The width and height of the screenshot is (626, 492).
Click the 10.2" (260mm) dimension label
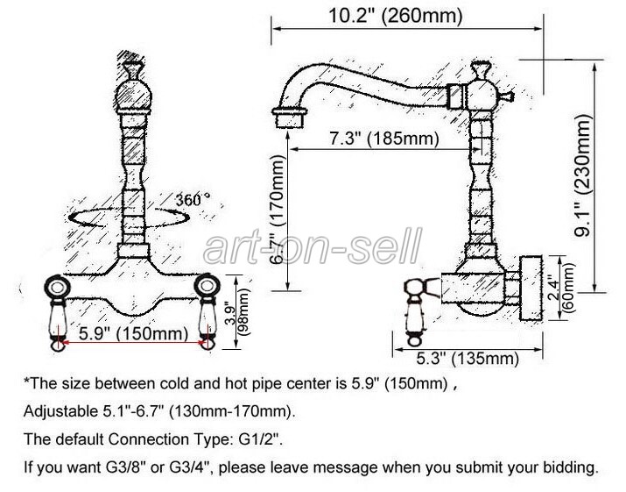click(395, 16)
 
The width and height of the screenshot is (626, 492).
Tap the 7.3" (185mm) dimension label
click(383, 139)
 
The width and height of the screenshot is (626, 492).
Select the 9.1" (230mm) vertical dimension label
click(582, 175)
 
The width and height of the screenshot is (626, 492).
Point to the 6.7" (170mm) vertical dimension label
click(278, 210)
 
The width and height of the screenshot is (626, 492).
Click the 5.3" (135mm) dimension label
click(468, 359)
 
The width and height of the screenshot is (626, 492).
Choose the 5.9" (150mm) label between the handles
click(133, 332)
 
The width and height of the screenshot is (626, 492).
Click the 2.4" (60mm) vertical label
click(563, 287)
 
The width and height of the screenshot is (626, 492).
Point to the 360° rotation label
click(193, 199)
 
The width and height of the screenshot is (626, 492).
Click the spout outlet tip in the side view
click(288, 118)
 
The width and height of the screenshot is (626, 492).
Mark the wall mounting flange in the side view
click(531, 288)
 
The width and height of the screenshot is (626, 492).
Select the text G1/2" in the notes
click(261, 439)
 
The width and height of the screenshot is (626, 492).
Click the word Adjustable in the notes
click(59, 411)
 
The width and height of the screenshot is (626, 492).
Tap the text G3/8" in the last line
click(124, 467)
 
